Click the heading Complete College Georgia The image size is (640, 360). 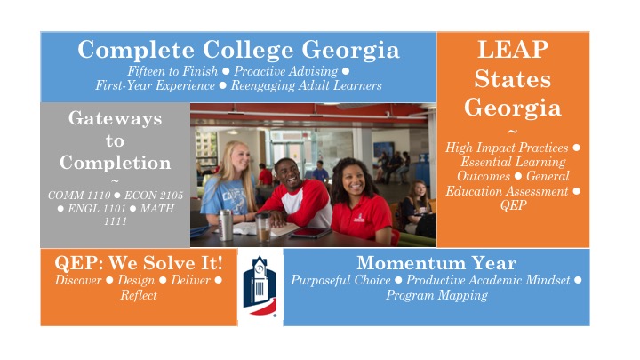coord(238,50)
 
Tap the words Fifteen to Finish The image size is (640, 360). coord(172,71)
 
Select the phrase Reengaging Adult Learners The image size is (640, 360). coord(307,85)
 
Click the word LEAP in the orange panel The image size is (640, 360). coord(513,50)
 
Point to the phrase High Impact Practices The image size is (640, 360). coord(507,148)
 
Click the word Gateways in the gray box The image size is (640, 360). coord(115,119)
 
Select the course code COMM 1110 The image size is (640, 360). coord(79,196)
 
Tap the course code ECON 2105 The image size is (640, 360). coord(154,196)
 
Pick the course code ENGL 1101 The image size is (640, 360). coord(97,209)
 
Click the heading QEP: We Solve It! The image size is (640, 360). coord(139,263)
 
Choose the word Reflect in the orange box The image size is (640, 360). coord(139,295)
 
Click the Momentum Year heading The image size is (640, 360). coord(436,263)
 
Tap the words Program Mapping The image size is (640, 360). coord(436,295)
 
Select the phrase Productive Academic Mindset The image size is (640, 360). coord(488,280)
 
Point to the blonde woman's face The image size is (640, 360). coord(240,157)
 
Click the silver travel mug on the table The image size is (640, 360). coord(226,225)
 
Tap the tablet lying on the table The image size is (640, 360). coord(310,233)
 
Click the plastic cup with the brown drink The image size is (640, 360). coord(263,227)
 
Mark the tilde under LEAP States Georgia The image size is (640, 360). coord(513,132)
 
